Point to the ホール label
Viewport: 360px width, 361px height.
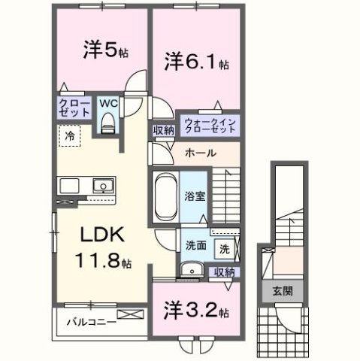(200, 153)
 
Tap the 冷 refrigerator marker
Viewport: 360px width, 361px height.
(68, 137)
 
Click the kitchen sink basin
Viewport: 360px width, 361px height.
(101, 187)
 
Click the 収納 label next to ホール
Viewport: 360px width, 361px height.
(164, 130)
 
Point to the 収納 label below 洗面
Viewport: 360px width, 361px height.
(223, 272)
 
